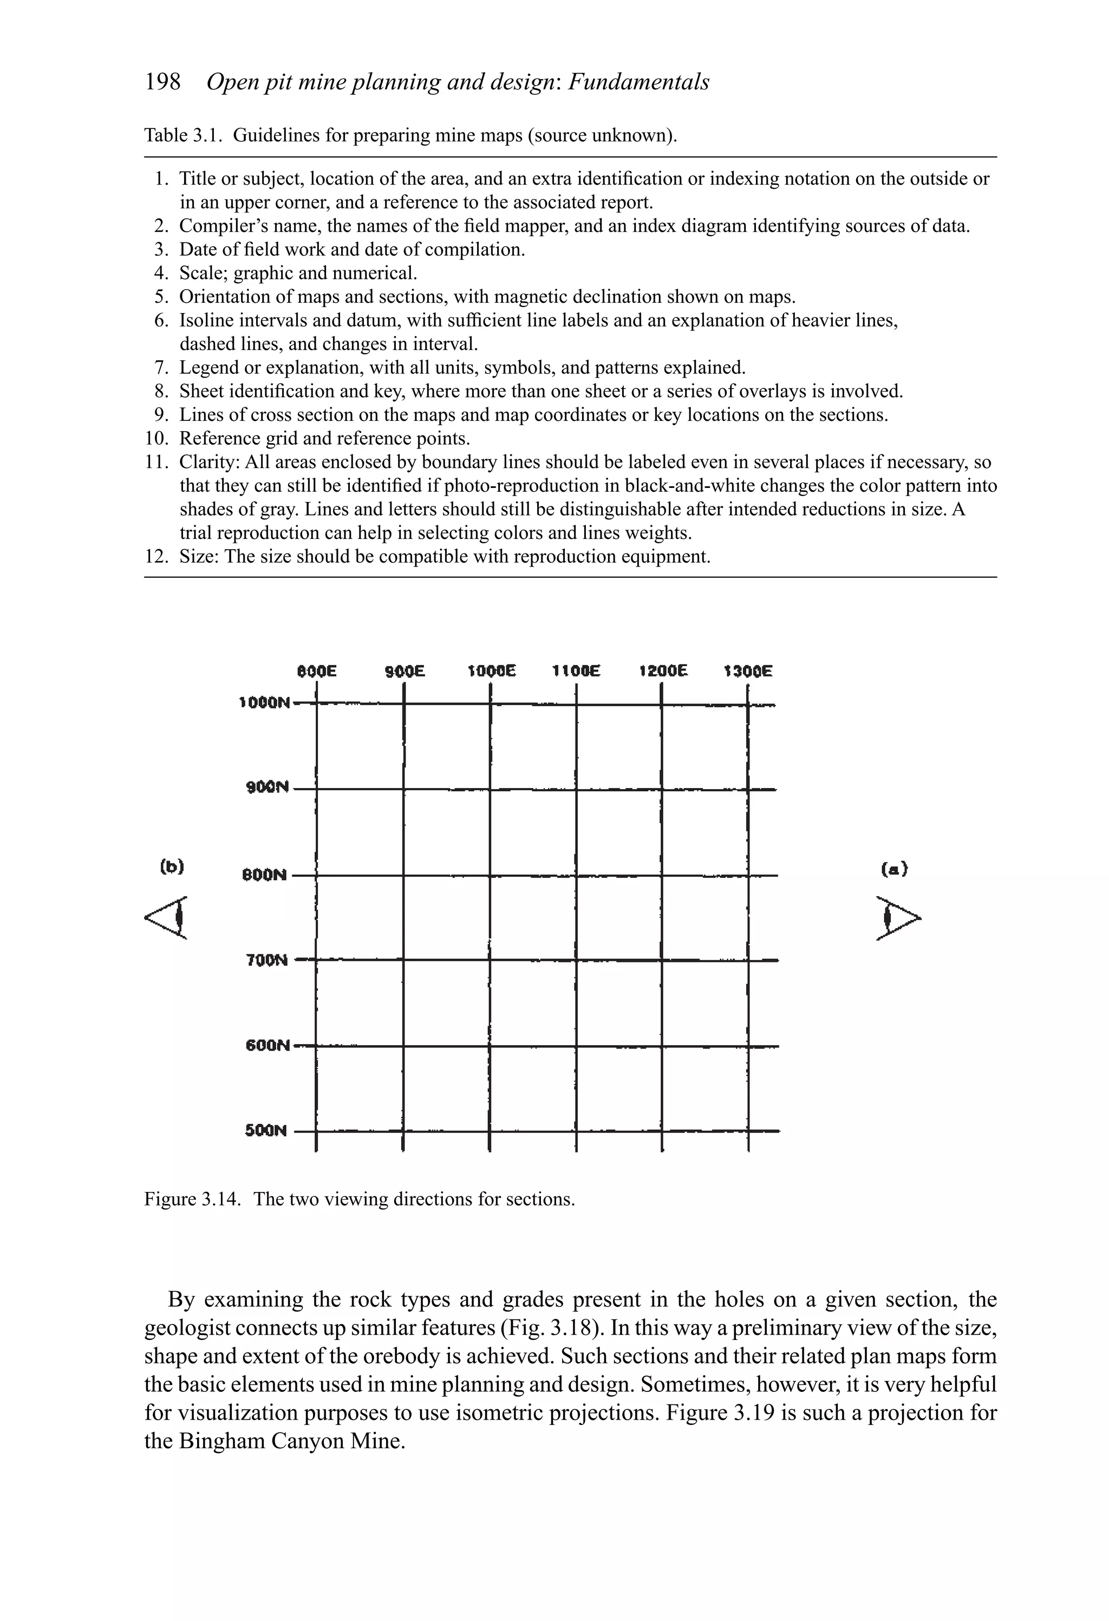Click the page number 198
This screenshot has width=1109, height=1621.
coord(162,82)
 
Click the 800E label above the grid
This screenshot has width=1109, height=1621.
coord(317,671)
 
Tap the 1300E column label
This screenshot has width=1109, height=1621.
coord(748,671)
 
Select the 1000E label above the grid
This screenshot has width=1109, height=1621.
coord(492,671)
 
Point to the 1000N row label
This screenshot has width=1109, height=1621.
coord(264,702)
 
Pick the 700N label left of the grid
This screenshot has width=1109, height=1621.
coord(266,960)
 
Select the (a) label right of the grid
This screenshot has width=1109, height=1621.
coord(893,869)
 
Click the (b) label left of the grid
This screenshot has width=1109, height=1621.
coord(172,867)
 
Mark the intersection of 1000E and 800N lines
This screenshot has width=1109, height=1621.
coord(490,875)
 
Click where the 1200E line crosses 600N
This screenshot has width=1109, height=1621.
coord(661,1046)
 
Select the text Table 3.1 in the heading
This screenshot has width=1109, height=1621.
coord(182,135)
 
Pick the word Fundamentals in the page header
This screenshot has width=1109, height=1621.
coord(638,82)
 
